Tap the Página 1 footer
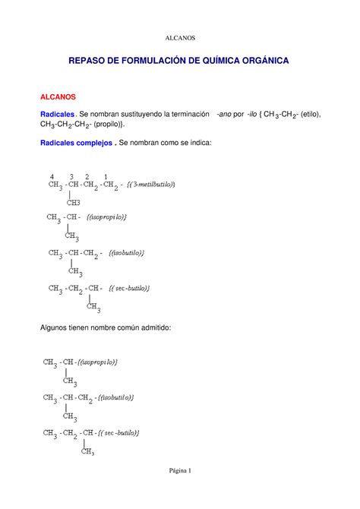(180, 470)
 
